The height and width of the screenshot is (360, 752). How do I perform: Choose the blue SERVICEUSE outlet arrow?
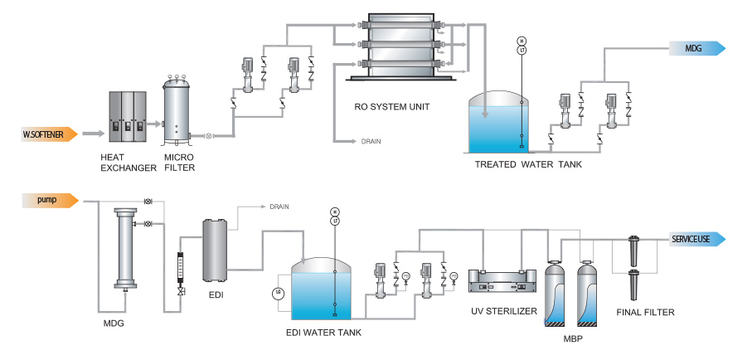[697, 240]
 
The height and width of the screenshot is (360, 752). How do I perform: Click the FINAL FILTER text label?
[646, 313]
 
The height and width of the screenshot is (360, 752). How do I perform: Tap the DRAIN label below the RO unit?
[371, 142]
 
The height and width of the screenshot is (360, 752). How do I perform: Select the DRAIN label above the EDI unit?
[279, 207]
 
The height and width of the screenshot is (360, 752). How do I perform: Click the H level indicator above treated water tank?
[522, 41]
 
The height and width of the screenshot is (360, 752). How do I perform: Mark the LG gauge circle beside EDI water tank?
[279, 294]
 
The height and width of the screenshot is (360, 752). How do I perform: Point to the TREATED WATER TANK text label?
[528, 164]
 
